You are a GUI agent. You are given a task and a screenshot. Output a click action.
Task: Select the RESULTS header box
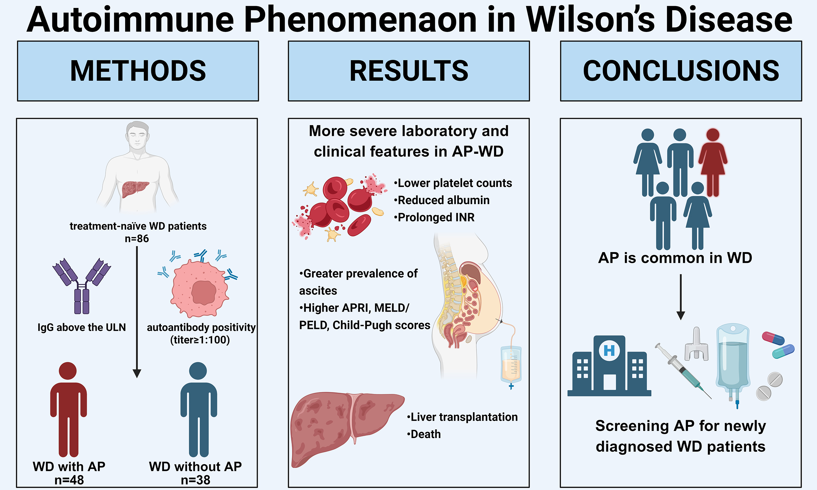point(408,71)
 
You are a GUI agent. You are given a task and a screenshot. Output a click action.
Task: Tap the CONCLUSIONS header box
point(681,71)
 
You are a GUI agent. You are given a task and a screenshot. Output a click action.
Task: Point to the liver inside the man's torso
point(135,189)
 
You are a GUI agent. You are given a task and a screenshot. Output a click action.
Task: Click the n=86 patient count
point(137,238)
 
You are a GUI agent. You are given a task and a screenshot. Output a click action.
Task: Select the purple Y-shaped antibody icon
point(82,286)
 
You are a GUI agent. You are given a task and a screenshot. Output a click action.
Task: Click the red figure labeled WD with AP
point(68,409)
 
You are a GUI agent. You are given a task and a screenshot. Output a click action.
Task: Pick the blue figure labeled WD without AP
point(199,409)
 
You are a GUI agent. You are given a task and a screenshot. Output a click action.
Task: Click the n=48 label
point(69,480)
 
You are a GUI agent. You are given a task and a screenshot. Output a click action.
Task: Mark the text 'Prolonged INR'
point(436,217)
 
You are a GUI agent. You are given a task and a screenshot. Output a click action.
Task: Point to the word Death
point(425,434)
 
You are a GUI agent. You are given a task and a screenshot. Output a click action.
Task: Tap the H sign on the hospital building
point(609,350)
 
